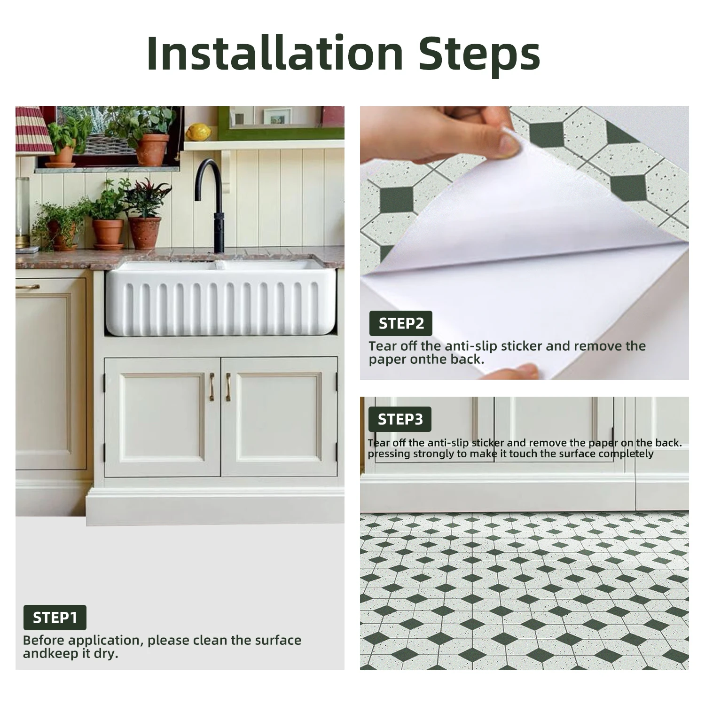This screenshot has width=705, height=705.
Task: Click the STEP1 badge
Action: click(55, 617)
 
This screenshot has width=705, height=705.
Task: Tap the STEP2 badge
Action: click(401, 323)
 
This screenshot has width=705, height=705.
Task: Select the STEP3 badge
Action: click(400, 419)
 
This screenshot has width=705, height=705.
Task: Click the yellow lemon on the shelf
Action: click(199, 132)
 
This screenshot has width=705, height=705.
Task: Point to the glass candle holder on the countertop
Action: click(23, 211)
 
